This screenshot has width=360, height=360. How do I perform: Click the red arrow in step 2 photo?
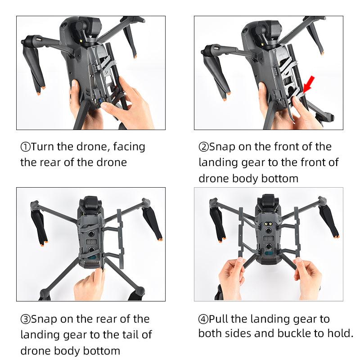pos(309,84)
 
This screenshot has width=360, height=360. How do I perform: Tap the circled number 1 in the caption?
pos(25,147)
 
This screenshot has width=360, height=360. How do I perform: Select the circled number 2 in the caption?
pos(203,147)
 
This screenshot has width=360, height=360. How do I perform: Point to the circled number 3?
pos(25,319)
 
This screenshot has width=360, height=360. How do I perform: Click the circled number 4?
pos(203,319)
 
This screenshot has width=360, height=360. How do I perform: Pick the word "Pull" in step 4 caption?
pos(218,319)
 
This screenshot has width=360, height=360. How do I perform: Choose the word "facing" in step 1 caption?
pos(129,147)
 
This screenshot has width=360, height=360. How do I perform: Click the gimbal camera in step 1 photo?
pos(89,29)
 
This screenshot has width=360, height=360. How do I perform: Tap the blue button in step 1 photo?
pos(101,102)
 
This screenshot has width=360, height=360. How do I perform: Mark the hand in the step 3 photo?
pos(90,285)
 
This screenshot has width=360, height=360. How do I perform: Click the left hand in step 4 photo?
pos(232,279)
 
